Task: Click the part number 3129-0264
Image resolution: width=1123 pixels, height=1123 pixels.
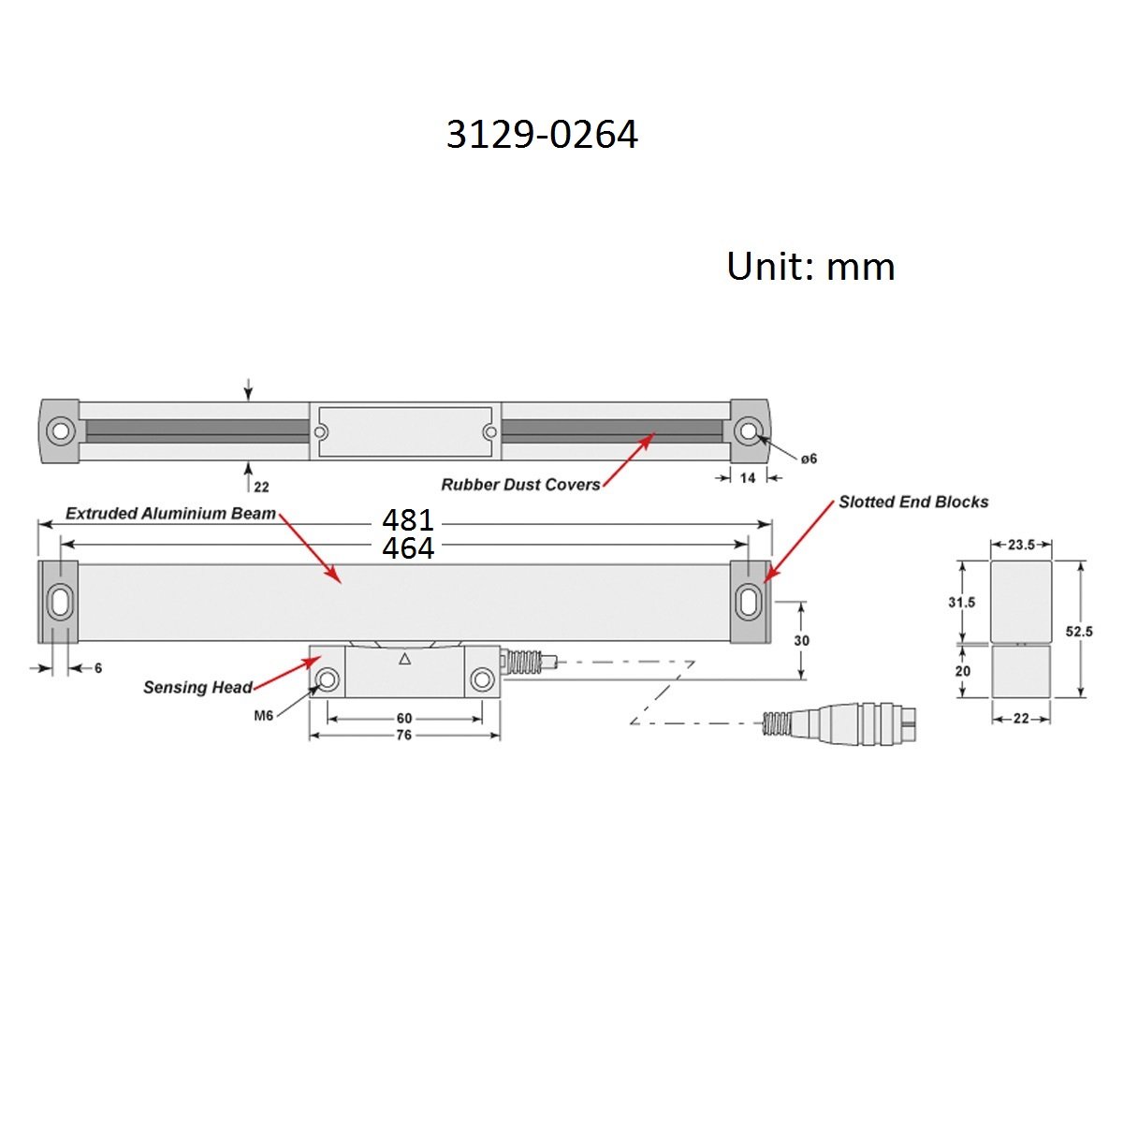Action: (542, 135)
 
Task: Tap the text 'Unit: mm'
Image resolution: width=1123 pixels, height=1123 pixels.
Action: (810, 267)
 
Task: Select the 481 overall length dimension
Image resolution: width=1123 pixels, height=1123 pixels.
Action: (408, 518)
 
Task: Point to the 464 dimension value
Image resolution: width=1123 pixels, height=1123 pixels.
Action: (408, 547)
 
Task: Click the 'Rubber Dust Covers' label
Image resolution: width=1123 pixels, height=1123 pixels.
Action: (520, 485)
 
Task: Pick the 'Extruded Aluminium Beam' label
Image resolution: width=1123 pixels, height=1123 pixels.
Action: (170, 514)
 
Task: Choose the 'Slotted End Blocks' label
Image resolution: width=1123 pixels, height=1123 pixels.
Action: (913, 503)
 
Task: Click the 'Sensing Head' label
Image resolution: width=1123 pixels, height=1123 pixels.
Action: (197, 687)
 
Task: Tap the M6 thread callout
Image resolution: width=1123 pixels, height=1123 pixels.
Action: (263, 716)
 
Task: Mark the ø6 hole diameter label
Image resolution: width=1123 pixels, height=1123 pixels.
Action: (809, 459)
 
